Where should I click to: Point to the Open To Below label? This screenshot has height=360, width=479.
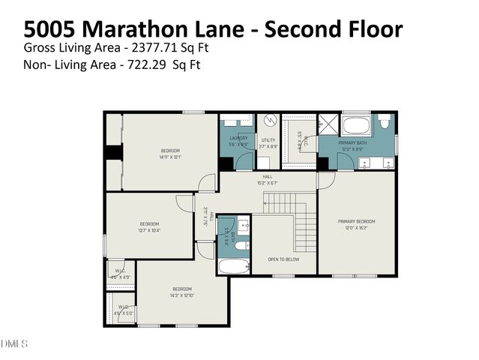[283, 259]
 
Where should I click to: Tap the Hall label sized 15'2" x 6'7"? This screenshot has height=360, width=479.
[267, 178]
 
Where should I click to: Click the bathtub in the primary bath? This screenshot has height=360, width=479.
[355, 124]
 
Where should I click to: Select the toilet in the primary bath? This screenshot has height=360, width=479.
[383, 121]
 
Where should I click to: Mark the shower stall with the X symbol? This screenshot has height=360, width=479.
[328, 124]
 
